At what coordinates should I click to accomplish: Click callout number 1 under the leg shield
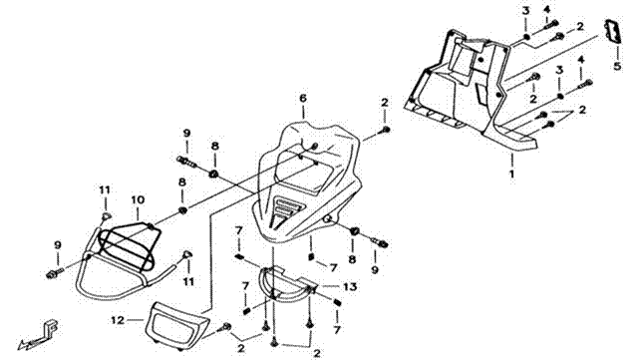[511, 174]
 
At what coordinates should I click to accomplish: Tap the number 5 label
[617, 66]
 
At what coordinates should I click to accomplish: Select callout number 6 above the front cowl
[303, 99]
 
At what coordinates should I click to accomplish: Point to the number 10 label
[138, 200]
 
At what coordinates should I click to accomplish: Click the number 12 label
[118, 320]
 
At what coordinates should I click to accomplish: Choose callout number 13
[350, 286]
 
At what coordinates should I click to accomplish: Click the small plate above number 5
[613, 32]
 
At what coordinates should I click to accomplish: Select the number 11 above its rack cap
[105, 189]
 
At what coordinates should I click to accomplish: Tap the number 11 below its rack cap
[188, 281]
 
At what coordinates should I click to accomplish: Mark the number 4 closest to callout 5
[581, 60]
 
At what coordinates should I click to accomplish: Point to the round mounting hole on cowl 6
[327, 219]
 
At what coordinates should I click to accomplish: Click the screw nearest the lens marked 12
[225, 327]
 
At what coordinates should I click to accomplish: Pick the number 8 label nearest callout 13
[353, 258]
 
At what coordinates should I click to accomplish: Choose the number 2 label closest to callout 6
[384, 103]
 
